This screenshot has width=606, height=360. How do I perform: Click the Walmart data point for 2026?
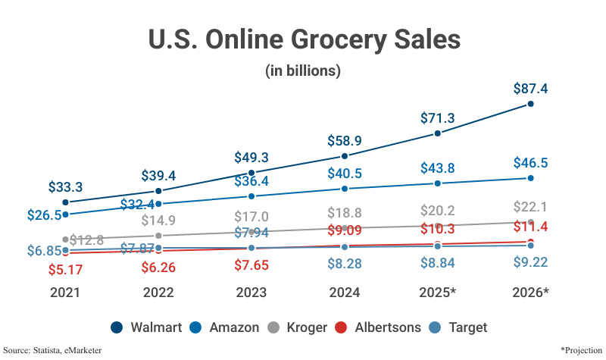click(x=530, y=104)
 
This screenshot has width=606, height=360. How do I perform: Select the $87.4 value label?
click(x=530, y=88)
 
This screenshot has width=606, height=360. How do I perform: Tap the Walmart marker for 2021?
click(x=66, y=202)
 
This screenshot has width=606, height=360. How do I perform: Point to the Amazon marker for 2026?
click(x=530, y=178)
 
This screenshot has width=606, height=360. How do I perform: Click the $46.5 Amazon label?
click(x=530, y=162)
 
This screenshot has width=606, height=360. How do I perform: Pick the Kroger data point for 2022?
click(x=158, y=236)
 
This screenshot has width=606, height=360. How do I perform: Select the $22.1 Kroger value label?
click(x=530, y=207)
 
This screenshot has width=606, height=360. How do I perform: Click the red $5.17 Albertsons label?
click(x=66, y=269)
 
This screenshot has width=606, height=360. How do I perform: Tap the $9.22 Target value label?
click(x=530, y=262)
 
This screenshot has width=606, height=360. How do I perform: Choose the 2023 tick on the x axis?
click(x=251, y=293)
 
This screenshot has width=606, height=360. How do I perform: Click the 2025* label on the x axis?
click(x=437, y=293)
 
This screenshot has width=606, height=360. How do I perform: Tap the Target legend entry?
click(x=460, y=327)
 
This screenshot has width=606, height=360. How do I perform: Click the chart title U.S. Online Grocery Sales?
click(x=303, y=39)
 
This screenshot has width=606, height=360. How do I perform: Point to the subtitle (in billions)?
click(x=303, y=71)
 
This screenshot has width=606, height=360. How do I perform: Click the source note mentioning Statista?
click(x=52, y=350)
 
